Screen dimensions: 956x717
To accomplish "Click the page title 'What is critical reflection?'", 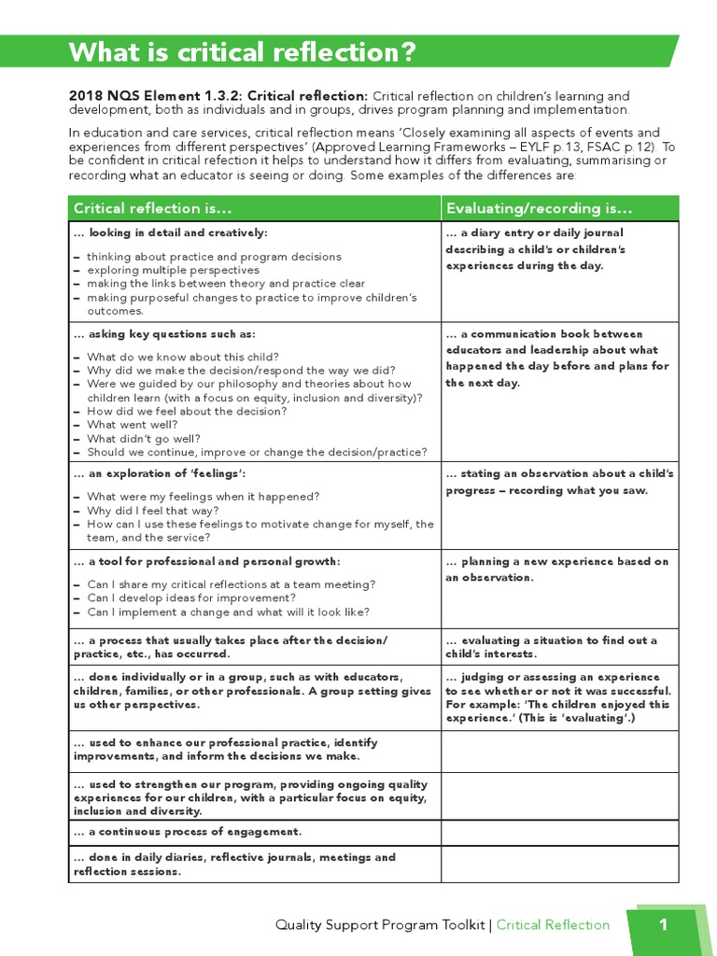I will [242, 52].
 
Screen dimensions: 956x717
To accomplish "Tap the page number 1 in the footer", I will [663, 924].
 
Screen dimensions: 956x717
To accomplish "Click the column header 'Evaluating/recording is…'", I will [540, 207].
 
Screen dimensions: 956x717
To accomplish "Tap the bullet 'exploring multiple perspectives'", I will [174, 270].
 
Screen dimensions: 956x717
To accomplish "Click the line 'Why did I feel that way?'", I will [153, 511].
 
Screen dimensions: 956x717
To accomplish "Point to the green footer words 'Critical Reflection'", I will [553, 925].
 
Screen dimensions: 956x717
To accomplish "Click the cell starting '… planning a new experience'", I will [557, 569].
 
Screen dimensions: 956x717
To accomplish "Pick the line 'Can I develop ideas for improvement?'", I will [191, 597].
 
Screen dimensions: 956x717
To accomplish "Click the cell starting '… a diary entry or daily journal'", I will [535, 249].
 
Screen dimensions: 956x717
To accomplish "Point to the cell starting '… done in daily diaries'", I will [234, 864].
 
